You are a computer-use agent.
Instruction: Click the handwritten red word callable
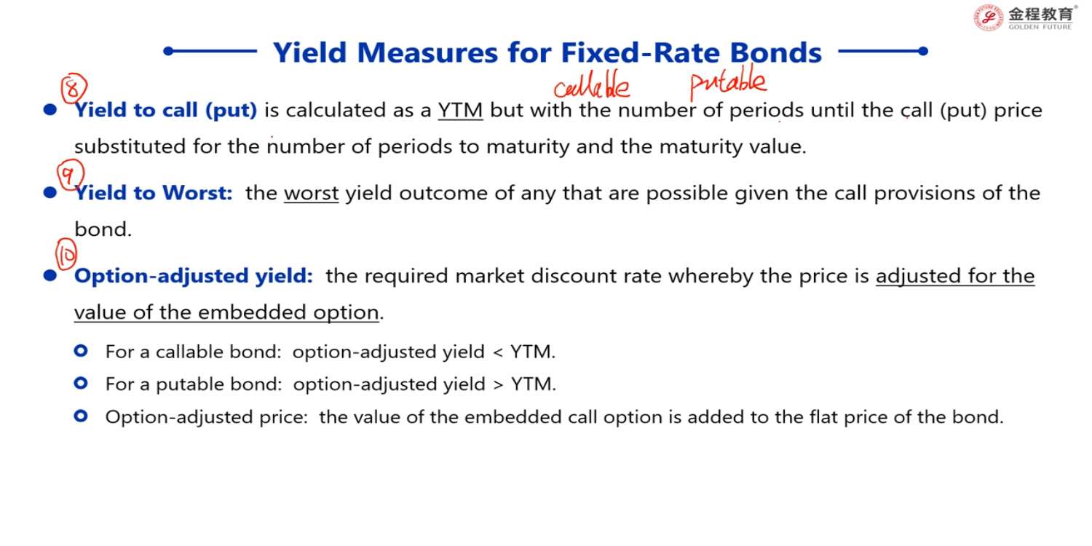tap(591, 87)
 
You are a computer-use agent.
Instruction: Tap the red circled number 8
tap(74, 88)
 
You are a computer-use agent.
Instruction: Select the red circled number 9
tap(70, 173)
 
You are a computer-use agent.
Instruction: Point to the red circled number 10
tap(66, 254)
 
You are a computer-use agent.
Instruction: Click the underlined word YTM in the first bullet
tap(460, 111)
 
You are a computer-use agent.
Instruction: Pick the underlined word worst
tap(311, 194)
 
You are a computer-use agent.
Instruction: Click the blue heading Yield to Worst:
tap(154, 193)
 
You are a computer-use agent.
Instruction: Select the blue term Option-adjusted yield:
tap(193, 277)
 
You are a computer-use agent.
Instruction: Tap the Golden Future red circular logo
tap(988, 18)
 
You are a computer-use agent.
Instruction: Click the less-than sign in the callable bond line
tap(498, 352)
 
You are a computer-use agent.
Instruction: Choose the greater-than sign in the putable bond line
tap(498, 384)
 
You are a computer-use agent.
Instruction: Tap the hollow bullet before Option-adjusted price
tap(81, 416)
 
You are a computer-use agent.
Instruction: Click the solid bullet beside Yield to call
tap(50, 110)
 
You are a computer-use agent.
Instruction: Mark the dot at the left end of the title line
tap(169, 51)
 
